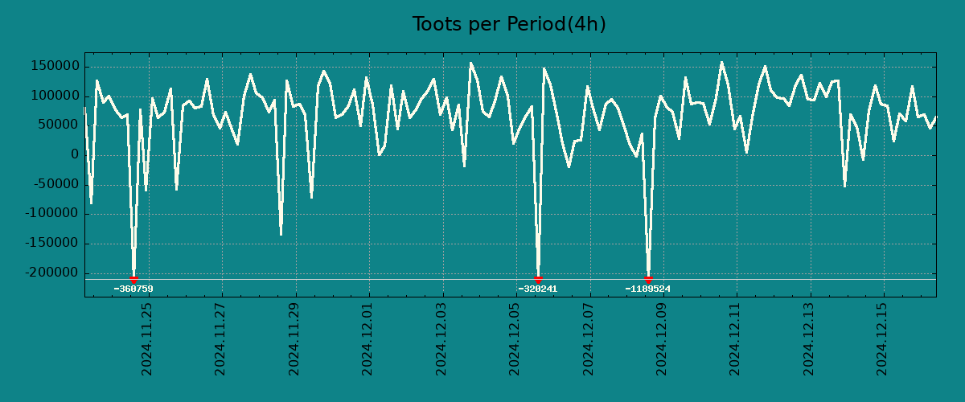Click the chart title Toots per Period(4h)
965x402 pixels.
pyautogui.click(x=509, y=25)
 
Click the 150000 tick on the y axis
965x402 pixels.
pyautogui.click(x=54, y=66)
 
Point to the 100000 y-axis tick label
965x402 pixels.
pyautogui.click(x=54, y=96)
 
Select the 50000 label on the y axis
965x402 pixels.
pyautogui.click(x=57, y=125)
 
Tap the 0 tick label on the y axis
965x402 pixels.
pyautogui.click(x=74, y=155)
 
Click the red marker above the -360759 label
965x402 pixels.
pyautogui.click(x=133, y=280)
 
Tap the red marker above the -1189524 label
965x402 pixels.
pyautogui.click(x=648, y=280)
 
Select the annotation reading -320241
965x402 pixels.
pyautogui.click(x=538, y=289)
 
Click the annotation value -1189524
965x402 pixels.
pyautogui.click(x=648, y=289)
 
